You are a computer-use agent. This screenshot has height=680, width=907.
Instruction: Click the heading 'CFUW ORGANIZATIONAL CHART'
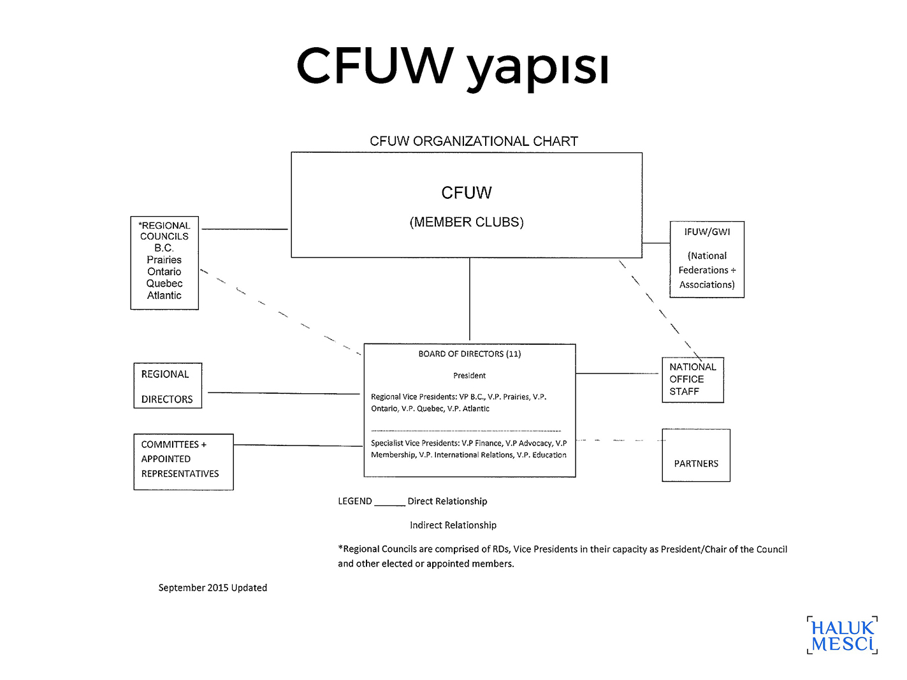tap(474, 141)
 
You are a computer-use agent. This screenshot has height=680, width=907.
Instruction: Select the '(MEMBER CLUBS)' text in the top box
tap(467, 222)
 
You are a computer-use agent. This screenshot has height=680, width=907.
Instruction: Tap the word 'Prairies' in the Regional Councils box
tap(164, 259)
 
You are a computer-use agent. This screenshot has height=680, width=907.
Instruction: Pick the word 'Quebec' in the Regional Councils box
tap(164, 284)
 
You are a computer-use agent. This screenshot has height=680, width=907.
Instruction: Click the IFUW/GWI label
tap(707, 232)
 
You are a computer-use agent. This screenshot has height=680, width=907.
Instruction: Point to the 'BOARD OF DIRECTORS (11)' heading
tap(469, 354)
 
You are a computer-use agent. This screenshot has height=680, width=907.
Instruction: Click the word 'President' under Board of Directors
tap(469, 375)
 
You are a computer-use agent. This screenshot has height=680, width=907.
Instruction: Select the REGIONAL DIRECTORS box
tap(168, 386)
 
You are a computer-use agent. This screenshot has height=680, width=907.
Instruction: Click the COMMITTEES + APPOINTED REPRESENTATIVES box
tap(184, 462)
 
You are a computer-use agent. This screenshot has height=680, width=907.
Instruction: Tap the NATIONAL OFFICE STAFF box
tap(693, 380)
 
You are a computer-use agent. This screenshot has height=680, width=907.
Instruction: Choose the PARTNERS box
tap(696, 455)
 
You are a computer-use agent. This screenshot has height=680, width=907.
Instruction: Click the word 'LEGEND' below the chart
tap(354, 501)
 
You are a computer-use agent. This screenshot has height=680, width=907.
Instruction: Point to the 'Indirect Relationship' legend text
tap(453, 525)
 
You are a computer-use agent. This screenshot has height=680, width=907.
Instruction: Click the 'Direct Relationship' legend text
tap(447, 501)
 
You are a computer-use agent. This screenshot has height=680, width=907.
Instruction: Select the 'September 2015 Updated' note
tap(212, 588)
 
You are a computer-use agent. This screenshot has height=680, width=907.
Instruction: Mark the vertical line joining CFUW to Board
tap(469, 299)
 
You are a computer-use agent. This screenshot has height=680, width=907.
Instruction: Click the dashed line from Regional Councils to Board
tap(280, 312)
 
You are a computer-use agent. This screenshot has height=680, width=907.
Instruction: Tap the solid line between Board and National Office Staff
tap(617, 373)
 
